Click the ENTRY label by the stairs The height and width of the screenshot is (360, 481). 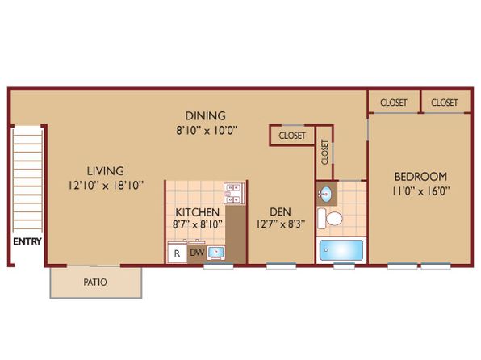pyautogui.click(x=27, y=241)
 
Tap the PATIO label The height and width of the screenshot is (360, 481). pyautogui.click(x=95, y=282)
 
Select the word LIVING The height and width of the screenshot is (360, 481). pyautogui.click(x=106, y=171)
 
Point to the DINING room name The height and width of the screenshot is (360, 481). pyautogui.click(x=206, y=115)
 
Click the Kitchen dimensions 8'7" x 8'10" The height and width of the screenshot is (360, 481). pyautogui.click(x=197, y=224)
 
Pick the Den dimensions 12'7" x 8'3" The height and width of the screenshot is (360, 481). pyautogui.click(x=281, y=224)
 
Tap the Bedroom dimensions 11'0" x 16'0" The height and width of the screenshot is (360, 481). pyautogui.click(x=421, y=191)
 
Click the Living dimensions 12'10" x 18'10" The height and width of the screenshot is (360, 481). pyautogui.click(x=106, y=185)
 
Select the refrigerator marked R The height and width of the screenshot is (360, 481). pyautogui.click(x=178, y=253)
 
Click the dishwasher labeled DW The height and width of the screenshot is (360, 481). pyautogui.click(x=197, y=253)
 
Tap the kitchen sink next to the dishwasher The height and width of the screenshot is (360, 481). pyautogui.click(x=216, y=253)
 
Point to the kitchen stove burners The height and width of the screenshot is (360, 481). pyautogui.click(x=234, y=194)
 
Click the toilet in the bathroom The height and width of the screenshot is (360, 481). pyautogui.click(x=330, y=219)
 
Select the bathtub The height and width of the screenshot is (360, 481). pyautogui.click(x=341, y=250)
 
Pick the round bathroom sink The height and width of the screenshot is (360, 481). pyautogui.click(x=327, y=194)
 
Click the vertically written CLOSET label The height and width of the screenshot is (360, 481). pyautogui.click(x=325, y=153)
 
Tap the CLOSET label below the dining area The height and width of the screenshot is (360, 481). pyautogui.click(x=292, y=136)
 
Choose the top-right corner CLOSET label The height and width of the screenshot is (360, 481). pyautogui.click(x=445, y=103)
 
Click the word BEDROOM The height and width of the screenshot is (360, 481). pyautogui.click(x=421, y=177)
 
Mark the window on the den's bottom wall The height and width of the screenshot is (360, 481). pyautogui.click(x=282, y=266)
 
